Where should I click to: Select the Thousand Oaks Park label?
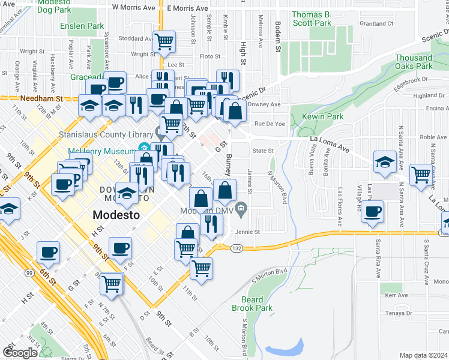(414, 62)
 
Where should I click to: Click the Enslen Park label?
(82, 27)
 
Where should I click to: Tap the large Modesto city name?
(116, 214)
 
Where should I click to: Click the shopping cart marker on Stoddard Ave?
(164, 41)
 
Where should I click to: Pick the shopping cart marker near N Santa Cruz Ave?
(421, 175)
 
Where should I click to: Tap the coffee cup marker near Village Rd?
(373, 211)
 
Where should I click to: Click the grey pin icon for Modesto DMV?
(241, 208)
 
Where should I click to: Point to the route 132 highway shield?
(237, 248)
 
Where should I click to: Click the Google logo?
(20, 352)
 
